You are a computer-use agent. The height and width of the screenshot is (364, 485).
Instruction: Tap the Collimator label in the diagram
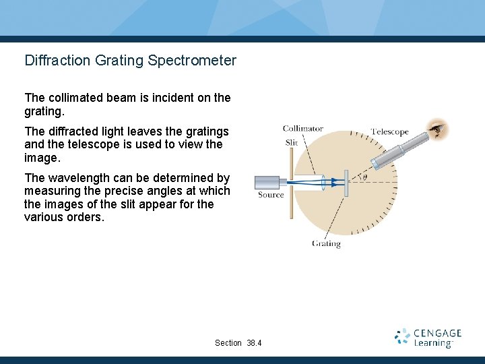(302, 129)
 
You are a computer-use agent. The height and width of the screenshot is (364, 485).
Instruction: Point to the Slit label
(291, 143)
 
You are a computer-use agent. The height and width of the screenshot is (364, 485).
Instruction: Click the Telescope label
(389, 132)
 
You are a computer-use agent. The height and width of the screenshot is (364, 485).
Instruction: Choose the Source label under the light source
(271, 195)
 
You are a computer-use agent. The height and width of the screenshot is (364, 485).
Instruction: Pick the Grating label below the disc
(326, 243)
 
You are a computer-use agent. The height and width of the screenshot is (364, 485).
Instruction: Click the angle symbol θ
(365, 177)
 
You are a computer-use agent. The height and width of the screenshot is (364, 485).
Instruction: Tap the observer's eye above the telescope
(439, 127)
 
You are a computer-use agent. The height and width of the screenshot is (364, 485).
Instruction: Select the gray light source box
(267, 182)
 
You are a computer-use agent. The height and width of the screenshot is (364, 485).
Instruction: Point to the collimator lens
(323, 182)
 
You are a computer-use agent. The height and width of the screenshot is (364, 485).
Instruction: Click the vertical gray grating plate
(346, 183)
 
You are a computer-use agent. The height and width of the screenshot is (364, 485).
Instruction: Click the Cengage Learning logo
(428, 338)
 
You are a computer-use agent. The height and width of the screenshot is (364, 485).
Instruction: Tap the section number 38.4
(254, 343)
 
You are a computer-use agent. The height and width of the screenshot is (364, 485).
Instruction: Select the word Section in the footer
(228, 343)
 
